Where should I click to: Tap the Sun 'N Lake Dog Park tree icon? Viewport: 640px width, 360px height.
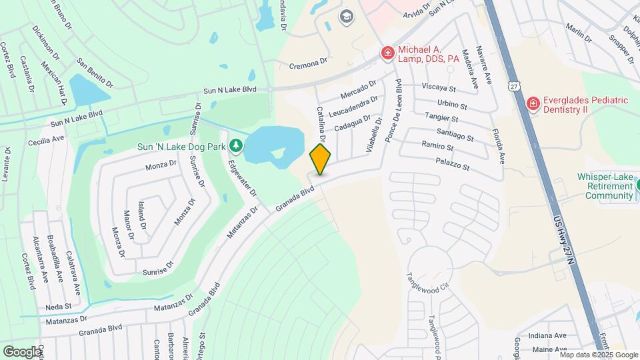(235, 145)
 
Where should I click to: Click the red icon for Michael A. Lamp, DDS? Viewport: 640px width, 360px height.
(387, 53)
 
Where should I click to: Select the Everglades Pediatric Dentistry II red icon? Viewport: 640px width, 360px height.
(533, 103)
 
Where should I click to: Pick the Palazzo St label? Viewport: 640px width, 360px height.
(453, 163)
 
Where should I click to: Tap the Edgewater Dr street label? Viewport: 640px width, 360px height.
(242, 178)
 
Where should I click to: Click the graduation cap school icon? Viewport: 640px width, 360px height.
(347, 16)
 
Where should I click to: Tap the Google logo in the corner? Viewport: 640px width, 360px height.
(23, 351)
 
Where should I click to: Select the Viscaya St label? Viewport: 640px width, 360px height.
(438, 88)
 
